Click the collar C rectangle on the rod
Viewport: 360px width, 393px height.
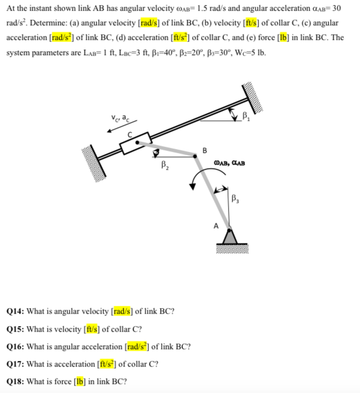click(x=134, y=144)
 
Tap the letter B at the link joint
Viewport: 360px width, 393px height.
click(x=204, y=150)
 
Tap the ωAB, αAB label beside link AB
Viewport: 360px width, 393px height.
click(x=230, y=164)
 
